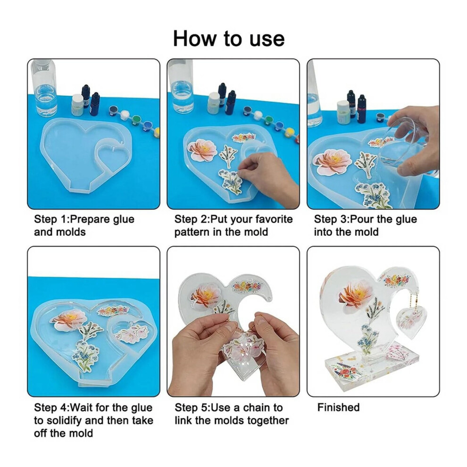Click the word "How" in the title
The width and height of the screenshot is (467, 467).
pyautogui.click(x=195, y=38)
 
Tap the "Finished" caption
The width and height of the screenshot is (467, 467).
pyautogui.click(x=338, y=407)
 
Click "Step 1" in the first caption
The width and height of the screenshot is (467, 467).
pyautogui.click(x=51, y=219)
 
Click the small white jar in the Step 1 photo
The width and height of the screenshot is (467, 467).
pyautogui.click(x=77, y=105)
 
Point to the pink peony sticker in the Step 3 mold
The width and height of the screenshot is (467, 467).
pyautogui.click(x=333, y=161)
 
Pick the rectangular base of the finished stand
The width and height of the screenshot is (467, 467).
pyautogui.click(x=371, y=369)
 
